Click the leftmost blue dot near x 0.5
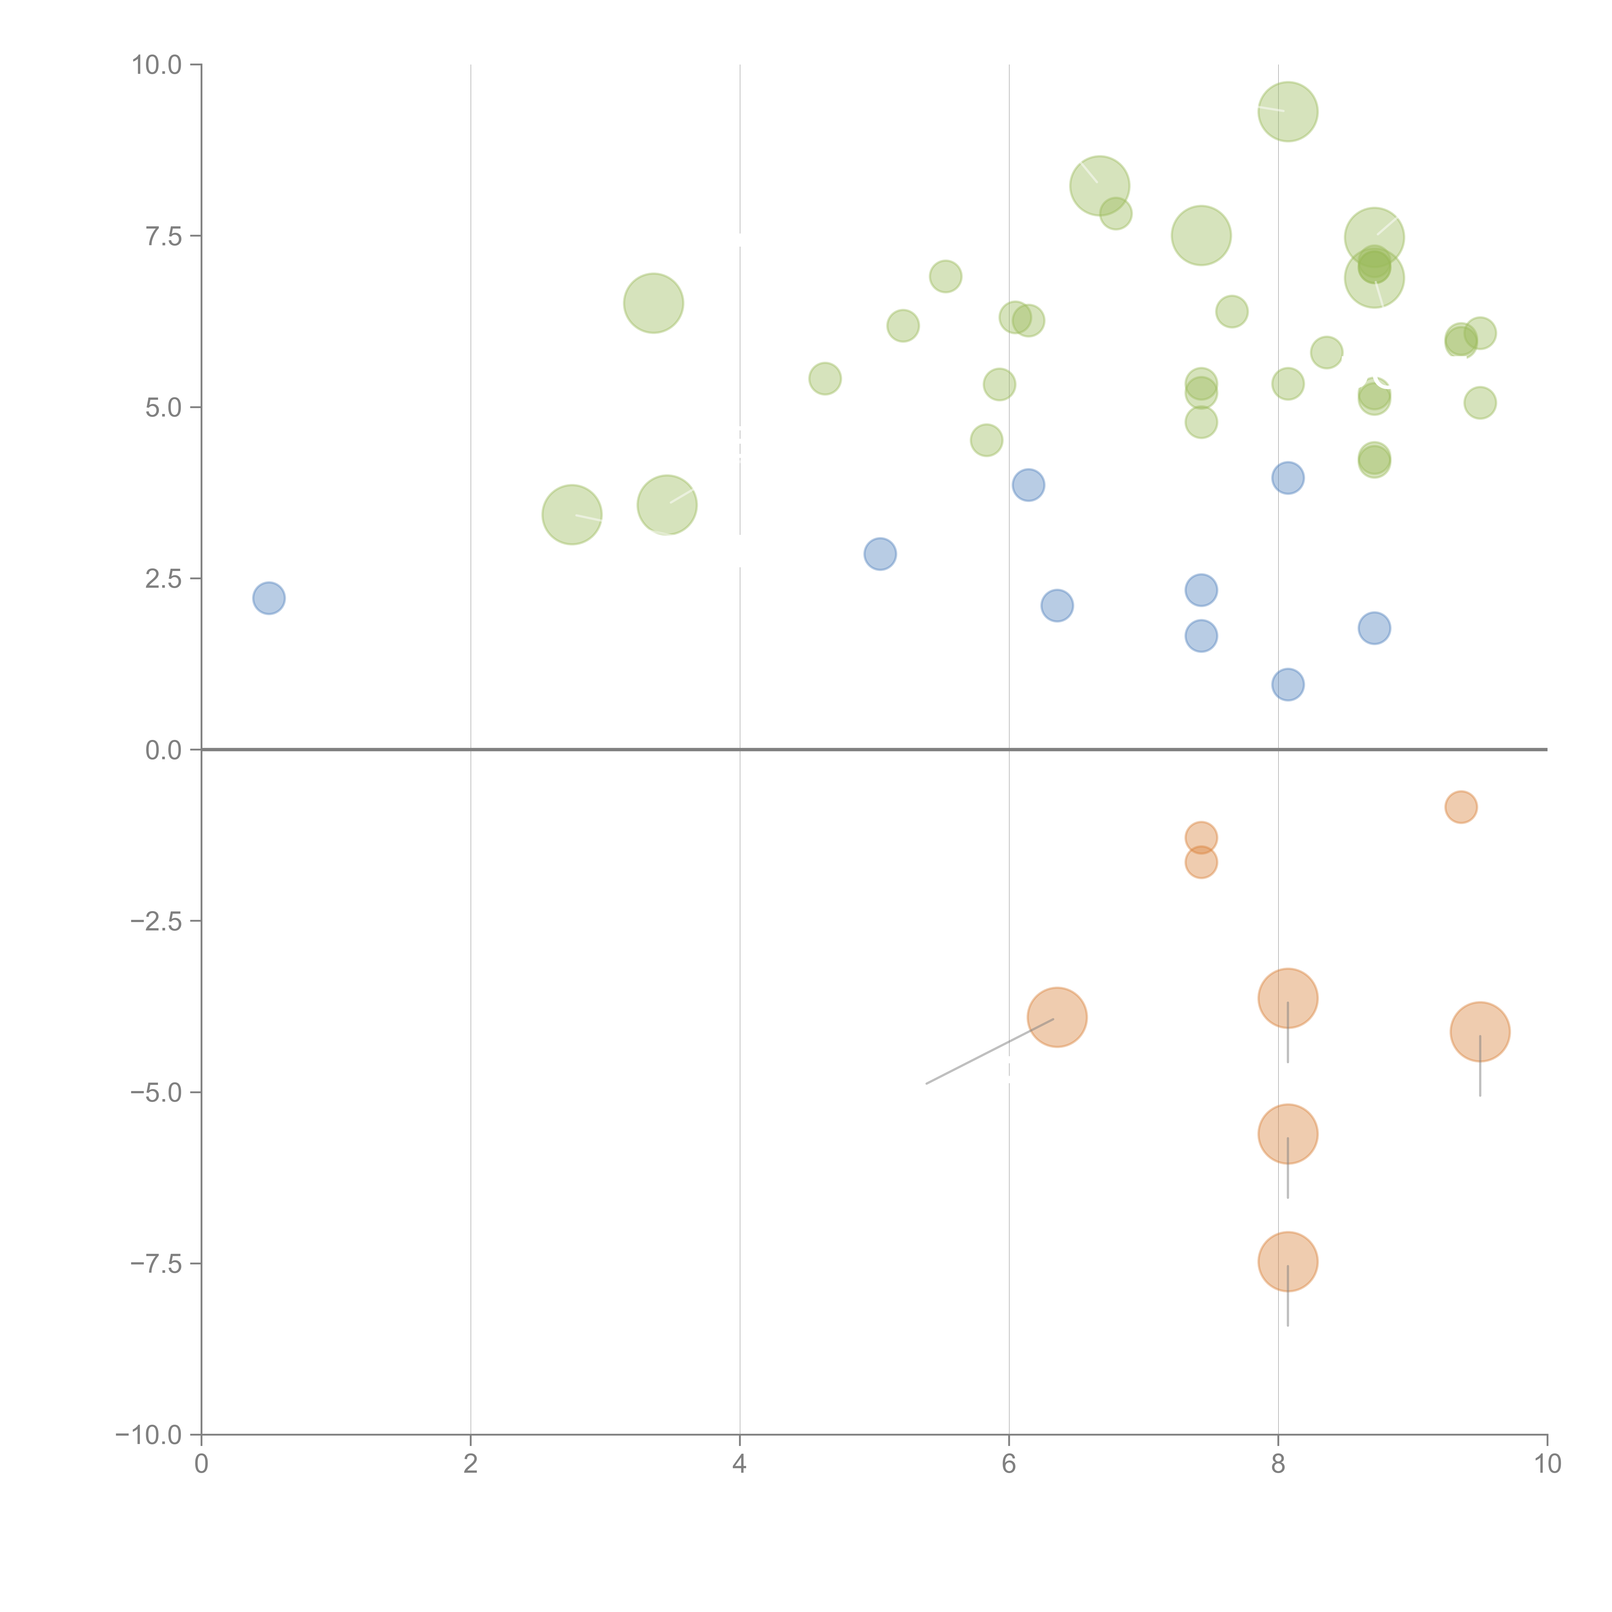click(269, 598)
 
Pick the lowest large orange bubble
click(1287, 1262)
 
